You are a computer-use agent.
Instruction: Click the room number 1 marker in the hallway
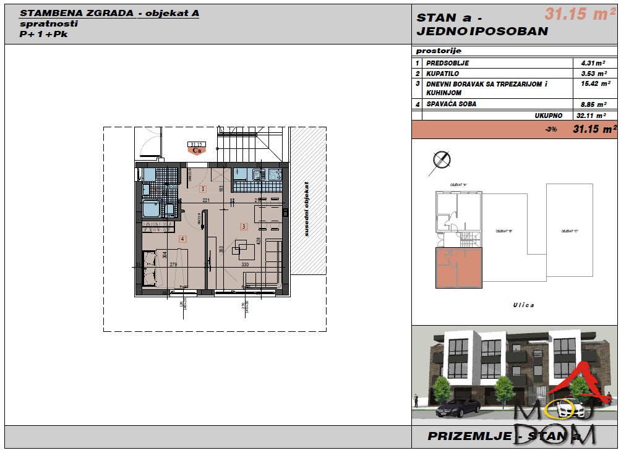[x=202, y=190]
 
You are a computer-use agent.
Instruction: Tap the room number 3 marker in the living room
[x=244, y=227]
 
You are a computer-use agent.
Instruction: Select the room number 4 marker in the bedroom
[x=182, y=239]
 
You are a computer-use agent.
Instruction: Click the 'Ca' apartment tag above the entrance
[x=197, y=149]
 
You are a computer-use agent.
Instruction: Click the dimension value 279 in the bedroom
[x=173, y=265]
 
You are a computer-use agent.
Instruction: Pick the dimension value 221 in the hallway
[x=207, y=200]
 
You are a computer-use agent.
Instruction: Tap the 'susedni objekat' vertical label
[x=306, y=209]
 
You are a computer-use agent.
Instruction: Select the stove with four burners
[x=272, y=174]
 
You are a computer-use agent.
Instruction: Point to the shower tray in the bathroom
[x=151, y=209]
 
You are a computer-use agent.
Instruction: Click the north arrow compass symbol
[x=442, y=159]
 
